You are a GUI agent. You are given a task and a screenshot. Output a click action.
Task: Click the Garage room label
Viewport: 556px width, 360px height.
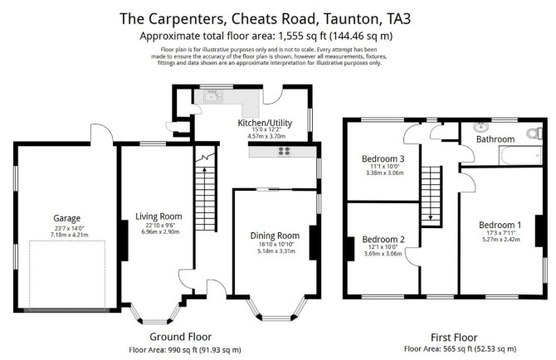(67, 218)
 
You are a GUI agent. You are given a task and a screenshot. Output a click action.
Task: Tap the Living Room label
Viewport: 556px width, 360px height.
(159, 216)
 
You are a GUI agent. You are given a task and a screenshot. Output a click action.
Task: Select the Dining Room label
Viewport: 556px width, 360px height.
(275, 236)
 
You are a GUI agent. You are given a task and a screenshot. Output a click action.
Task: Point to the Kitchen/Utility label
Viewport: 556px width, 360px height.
(265, 123)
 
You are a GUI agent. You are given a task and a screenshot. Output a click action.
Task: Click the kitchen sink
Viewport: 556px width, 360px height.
(212, 96)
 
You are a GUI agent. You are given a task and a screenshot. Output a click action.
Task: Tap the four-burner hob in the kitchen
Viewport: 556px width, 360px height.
(284, 152)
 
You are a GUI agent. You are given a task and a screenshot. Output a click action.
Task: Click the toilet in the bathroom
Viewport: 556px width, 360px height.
(534, 134)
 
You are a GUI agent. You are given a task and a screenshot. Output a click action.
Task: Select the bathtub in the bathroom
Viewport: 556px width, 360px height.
(520, 156)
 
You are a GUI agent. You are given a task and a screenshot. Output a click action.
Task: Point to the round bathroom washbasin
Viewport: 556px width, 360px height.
(480, 127)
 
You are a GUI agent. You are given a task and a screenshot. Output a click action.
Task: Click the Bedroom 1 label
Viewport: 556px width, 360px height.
(500, 225)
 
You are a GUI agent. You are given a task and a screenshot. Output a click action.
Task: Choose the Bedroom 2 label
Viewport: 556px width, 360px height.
(383, 240)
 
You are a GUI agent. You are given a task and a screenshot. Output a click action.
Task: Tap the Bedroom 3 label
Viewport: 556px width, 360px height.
(383, 158)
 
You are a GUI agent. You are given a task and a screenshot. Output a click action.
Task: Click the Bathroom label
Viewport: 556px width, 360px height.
(495, 139)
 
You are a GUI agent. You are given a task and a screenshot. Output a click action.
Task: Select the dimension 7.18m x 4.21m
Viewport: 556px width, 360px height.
(70, 235)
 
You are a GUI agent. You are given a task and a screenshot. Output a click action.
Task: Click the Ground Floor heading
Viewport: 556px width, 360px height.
(180, 337)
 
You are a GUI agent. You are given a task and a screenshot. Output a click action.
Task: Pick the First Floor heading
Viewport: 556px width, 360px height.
(454, 338)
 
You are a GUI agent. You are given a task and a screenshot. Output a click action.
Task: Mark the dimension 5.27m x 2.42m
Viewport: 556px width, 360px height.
(501, 239)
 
